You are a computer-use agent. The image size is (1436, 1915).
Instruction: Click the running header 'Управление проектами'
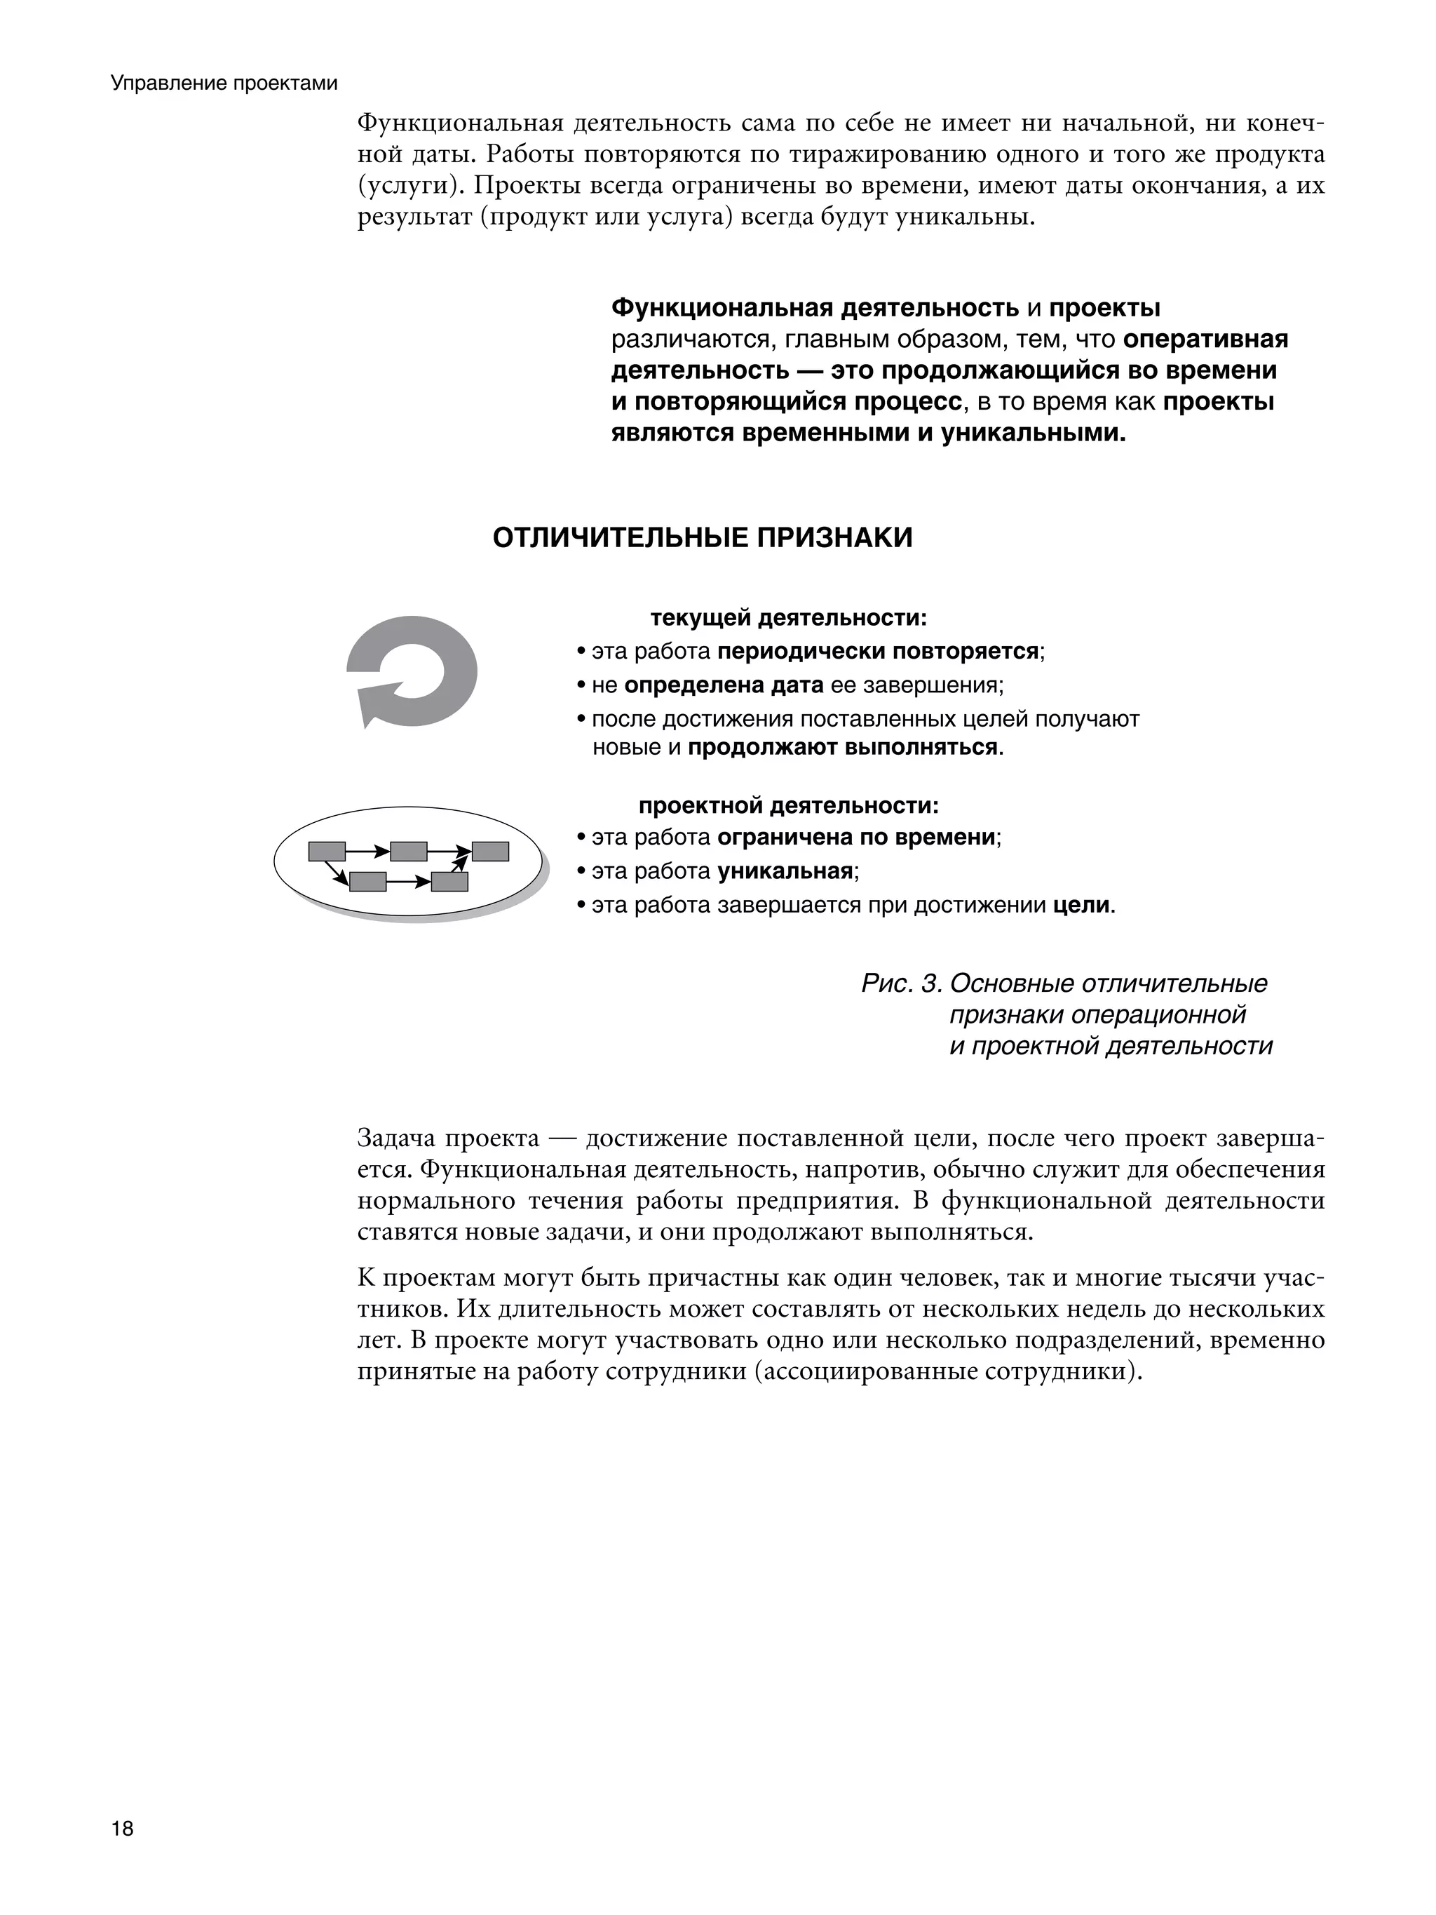tap(224, 84)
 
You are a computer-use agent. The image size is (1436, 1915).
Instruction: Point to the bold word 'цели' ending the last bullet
tap(1081, 906)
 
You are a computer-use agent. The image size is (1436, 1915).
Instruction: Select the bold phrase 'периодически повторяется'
tap(878, 651)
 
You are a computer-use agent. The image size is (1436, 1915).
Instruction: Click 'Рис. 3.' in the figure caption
tap(900, 983)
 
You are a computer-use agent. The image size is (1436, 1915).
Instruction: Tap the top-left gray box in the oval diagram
tap(327, 852)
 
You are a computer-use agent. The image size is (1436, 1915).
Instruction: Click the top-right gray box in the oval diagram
tap(490, 852)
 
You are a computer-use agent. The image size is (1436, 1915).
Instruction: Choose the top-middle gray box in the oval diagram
tap(409, 852)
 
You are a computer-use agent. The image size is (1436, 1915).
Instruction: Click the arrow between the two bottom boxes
tap(409, 882)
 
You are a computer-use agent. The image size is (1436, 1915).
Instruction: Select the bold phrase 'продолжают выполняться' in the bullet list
tap(842, 747)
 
